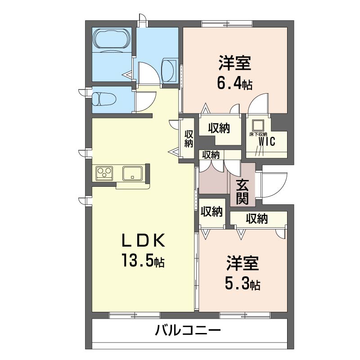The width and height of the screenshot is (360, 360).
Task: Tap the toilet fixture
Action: coord(103,99)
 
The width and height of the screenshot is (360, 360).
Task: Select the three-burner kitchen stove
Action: coord(104,173)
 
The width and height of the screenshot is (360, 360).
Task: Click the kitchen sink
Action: coord(132,173)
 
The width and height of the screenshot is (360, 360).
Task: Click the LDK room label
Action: coord(143,240)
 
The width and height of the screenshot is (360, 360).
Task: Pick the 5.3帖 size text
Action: coord(243,284)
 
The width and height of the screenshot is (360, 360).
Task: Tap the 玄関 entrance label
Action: coord(243,192)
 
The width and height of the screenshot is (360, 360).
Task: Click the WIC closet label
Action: coord(266,141)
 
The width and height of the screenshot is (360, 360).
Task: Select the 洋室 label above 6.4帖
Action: coord(234,63)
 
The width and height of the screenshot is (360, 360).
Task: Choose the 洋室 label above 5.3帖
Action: coord(243,263)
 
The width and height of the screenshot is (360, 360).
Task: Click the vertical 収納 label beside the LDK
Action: coord(189,139)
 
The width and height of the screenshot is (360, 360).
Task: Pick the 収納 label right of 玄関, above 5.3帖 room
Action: coord(257,218)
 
